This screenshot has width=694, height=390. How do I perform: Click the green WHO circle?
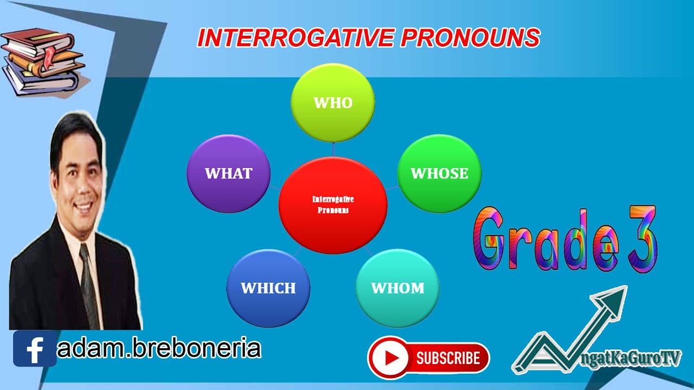coord(333,103)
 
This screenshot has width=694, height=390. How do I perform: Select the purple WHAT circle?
coord(228,173)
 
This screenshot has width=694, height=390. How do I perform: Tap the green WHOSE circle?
coord(439,173)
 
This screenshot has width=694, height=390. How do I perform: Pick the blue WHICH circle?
coord(268,288)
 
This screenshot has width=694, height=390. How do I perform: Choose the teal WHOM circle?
coord(397,288)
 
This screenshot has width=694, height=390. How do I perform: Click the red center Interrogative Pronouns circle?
coord(333,205)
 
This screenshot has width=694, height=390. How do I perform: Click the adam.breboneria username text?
coord(159,348)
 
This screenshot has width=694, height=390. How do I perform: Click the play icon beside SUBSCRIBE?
coord(389,357)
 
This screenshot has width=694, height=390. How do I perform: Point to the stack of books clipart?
coord(43,62)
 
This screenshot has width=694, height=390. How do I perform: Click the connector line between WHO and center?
coord(333,149)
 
